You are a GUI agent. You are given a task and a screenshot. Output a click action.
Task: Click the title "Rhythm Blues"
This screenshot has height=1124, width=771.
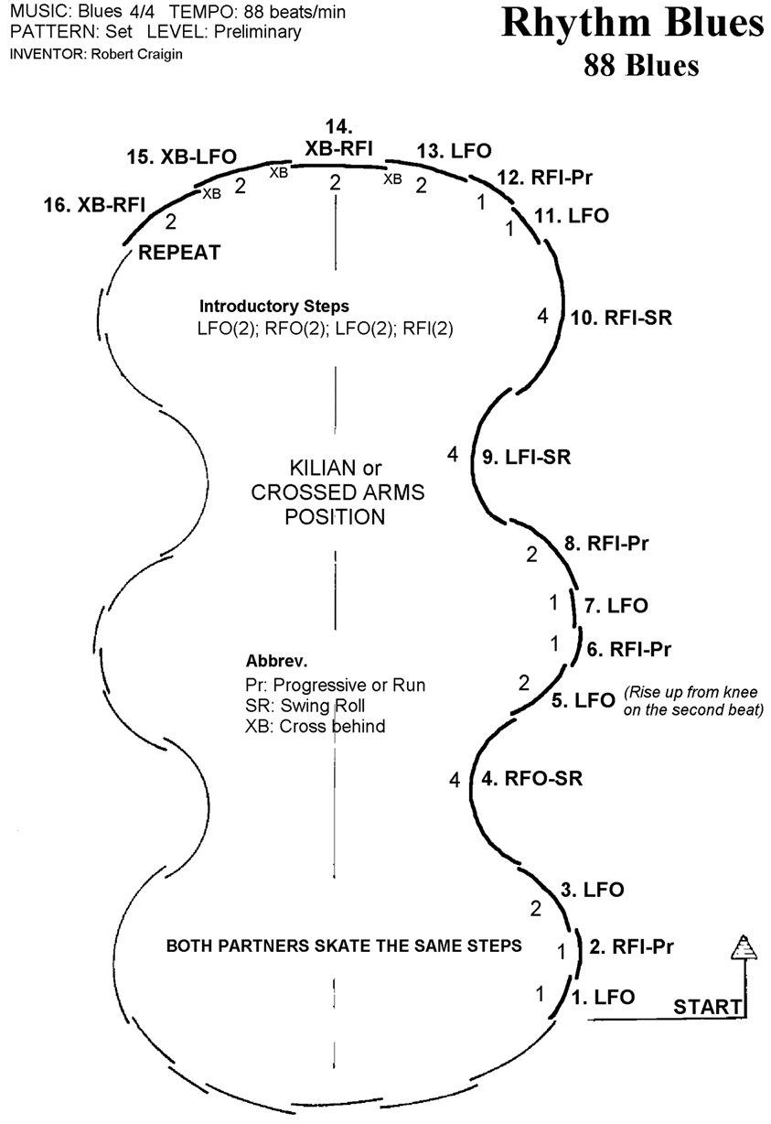pyautogui.click(x=632, y=25)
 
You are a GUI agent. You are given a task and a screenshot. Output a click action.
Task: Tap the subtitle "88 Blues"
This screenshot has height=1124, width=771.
pyautogui.click(x=643, y=66)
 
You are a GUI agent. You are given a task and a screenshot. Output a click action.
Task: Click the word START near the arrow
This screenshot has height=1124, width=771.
pyautogui.click(x=707, y=1007)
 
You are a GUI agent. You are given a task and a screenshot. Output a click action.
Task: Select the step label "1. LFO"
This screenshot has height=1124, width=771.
pyautogui.click(x=603, y=997)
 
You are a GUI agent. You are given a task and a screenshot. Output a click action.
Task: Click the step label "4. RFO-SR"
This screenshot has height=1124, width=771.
pyautogui.click(x=531, y=780)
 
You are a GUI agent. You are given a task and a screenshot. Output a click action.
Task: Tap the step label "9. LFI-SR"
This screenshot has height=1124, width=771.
pyautogui.click(x=525, y=457)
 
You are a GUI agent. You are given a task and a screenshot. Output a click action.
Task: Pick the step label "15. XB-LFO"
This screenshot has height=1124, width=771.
pyautogui.click(x=180, y=157)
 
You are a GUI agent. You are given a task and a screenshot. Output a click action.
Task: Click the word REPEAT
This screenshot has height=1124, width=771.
pyautogui.click(x=178, y=253)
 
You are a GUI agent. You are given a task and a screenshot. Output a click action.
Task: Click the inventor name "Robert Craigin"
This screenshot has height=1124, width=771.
pyautogui.click(x=126, y=54)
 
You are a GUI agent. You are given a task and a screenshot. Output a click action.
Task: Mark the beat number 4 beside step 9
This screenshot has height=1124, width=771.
pyautogui.click(x=452, y=454)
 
